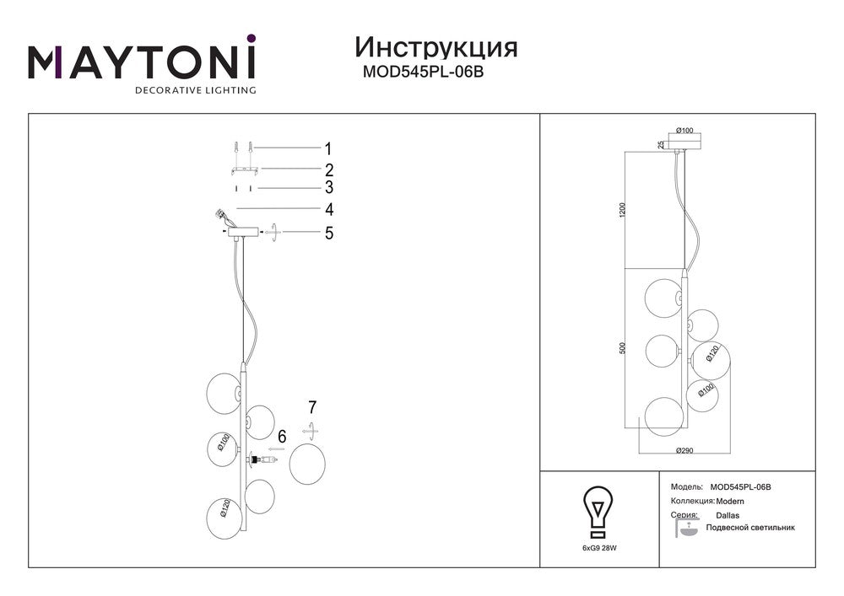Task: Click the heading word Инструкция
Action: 436,48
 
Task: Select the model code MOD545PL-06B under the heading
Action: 423,72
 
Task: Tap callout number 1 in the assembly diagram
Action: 328,148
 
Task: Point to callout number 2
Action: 329,169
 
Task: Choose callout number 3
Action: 329,187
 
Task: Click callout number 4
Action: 329,209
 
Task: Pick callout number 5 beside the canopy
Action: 329,233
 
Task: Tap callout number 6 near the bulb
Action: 282,437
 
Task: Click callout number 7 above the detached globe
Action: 312,407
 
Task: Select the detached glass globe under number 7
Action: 307,464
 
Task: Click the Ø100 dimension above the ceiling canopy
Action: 684,130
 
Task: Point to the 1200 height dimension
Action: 623,210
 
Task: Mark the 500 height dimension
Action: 623,347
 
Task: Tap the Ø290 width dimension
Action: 684,450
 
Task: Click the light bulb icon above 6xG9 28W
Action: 598,512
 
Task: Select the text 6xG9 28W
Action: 599,548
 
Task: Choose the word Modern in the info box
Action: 730,502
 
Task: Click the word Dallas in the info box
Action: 728,515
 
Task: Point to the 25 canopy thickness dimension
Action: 660,144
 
